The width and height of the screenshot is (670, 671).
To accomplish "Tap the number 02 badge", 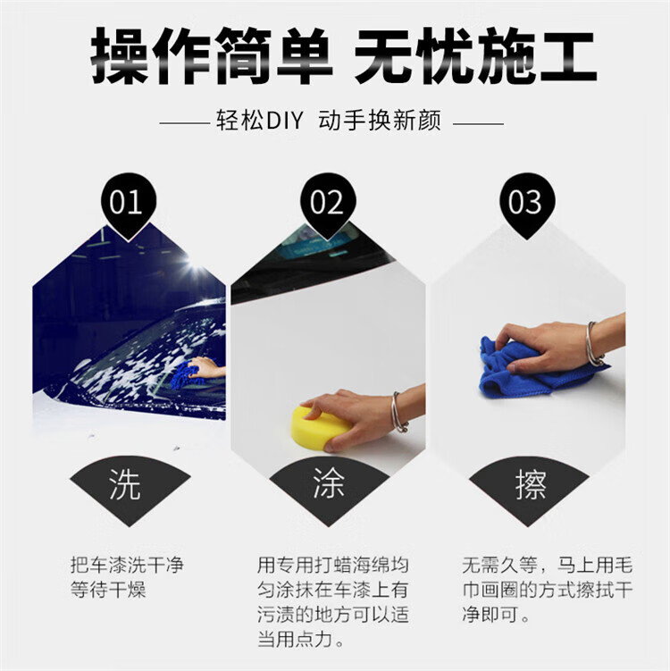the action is click(x=328, y=204).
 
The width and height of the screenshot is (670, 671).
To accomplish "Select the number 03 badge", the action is click(x=527, y=204).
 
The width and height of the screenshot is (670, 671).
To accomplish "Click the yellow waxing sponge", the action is click(x=316, y=429).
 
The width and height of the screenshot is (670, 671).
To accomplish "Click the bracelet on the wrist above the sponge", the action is click(x=398, y=412).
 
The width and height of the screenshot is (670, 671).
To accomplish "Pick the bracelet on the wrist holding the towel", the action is click(x=593, y=344).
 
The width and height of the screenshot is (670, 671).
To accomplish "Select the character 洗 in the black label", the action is click(x=125, y=483).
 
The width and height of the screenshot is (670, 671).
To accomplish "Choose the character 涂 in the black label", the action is click(x=329, y=482).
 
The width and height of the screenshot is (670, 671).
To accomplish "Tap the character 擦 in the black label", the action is click(x=531, y=484).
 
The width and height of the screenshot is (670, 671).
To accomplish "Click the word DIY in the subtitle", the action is click(x=285, y=121).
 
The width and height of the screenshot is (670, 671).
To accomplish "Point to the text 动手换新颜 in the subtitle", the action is click(x=380, y=121).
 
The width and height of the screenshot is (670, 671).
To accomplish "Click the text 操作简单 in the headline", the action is click(x=212, y=55).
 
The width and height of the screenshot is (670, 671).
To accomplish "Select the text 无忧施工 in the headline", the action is click(x=475, y=55).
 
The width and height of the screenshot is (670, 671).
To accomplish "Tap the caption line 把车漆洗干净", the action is click(x=127, y=565).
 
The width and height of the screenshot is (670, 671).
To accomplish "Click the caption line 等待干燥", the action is click(x=108, y=590).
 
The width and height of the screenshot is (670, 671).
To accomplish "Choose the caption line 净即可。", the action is click(x=496, y=615).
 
